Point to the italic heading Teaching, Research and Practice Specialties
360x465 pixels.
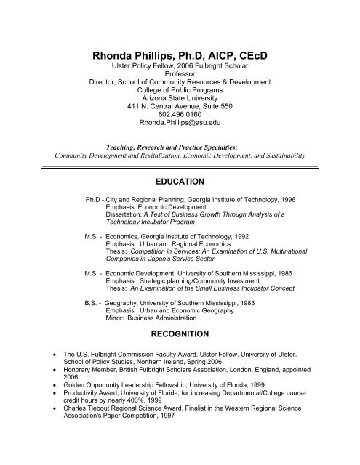(180, 145)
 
